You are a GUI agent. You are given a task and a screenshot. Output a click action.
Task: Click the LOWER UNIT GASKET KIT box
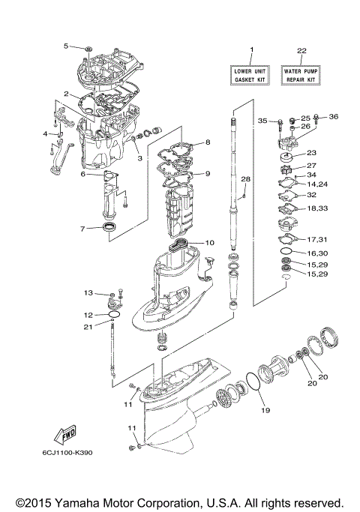(251, 74)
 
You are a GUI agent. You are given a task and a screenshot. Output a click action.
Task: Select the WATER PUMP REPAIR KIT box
(301, 74)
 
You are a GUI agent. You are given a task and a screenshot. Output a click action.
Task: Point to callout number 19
(263, 410)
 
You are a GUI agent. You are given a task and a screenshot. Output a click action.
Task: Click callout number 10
(209, 243)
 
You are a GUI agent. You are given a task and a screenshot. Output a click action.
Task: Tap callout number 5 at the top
(65, 46)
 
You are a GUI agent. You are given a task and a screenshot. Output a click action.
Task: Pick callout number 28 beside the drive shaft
(244, 179)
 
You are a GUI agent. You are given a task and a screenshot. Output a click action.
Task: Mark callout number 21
(87, 327)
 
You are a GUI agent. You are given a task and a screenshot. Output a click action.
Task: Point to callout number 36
(334, 116)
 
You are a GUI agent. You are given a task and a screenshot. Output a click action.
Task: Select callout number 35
(262, 121)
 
